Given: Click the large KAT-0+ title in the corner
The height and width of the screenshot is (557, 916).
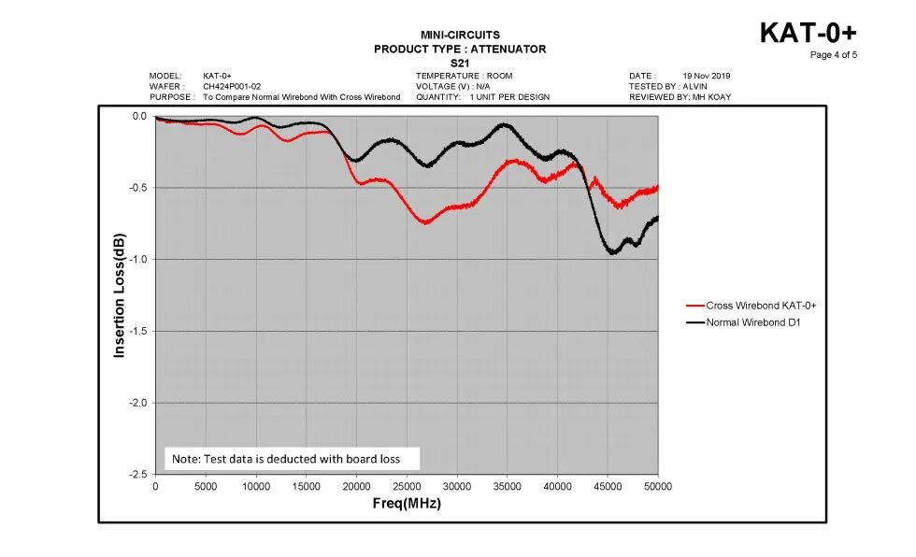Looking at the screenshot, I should (808, 32).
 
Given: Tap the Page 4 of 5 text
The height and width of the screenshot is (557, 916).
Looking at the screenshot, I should (833, 54).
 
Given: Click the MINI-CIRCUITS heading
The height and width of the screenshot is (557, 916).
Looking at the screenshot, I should (460, 36).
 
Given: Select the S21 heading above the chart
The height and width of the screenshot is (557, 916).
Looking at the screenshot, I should (460, 63).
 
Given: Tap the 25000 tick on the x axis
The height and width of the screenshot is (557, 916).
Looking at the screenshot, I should (407, 487).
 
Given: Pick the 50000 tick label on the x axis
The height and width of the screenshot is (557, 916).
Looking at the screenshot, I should (657, 487).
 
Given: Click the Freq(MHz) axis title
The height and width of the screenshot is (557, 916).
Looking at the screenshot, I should (406, 504).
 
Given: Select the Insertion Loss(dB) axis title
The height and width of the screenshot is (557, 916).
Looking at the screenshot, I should (119, 295).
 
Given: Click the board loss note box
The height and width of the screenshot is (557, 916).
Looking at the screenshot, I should (292, 458).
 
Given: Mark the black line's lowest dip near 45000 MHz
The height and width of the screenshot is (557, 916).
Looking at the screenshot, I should (612, 252).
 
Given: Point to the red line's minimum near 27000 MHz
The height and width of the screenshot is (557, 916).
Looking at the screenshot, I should (425, 222).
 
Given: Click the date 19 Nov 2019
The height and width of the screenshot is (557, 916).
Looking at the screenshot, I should (708, 76).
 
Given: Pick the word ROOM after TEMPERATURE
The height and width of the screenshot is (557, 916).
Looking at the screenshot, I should (500, 76).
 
